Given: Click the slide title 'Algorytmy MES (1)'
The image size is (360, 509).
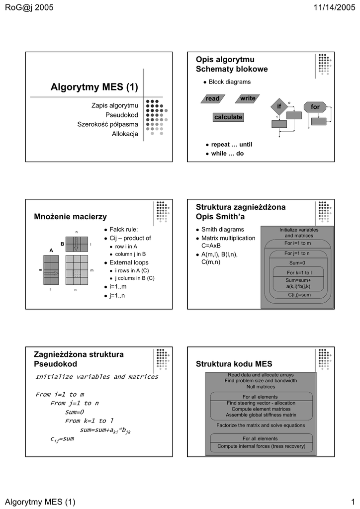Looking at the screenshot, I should click(94, 87).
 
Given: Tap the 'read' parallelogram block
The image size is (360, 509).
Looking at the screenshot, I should click(213, 98).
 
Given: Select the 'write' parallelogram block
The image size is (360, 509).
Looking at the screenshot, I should click(247, 98).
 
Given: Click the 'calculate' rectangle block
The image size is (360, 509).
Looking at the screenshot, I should click(228, 117).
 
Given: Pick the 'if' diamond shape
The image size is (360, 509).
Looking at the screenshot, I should click(279, 107).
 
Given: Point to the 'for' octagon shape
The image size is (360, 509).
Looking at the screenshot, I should click(315, 107).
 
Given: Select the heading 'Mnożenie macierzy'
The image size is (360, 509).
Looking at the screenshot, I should click(70, 216).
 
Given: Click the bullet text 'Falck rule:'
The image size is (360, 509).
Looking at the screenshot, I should click(123, 229).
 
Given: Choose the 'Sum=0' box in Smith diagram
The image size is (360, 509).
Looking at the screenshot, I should click(297, 262).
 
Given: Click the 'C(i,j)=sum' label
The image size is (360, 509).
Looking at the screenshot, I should click(299, 295).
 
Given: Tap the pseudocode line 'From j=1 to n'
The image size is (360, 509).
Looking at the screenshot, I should click(75, 403).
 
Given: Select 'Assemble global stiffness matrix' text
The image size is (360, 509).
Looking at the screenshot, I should click(261, 415).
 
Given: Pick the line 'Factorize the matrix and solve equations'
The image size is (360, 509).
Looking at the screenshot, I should click(261, 425).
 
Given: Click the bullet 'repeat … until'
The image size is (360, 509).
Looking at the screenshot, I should click(232, 145).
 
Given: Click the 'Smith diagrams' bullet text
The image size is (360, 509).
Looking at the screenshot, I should click(222, 229).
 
